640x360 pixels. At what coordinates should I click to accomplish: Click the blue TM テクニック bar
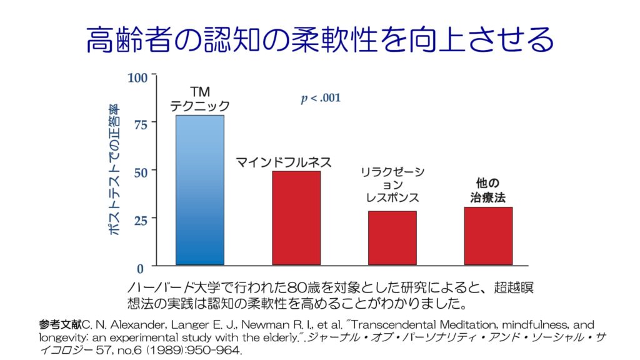point(200,190)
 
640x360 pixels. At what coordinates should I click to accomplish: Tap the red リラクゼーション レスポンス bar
point(392,237)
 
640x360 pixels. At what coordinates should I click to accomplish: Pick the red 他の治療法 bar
point(488,236)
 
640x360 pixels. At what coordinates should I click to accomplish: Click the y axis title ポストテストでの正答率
point(114,170)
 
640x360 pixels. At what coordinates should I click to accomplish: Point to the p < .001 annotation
point(321,98)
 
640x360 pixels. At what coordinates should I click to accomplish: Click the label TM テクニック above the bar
point(200,99)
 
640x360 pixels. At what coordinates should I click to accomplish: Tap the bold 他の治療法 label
point(488,190)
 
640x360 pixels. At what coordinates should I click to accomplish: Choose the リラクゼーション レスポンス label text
point(392,185)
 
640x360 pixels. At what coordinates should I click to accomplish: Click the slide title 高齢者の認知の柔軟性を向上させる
point(320,40)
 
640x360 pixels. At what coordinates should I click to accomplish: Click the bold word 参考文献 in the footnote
point(60,325)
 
